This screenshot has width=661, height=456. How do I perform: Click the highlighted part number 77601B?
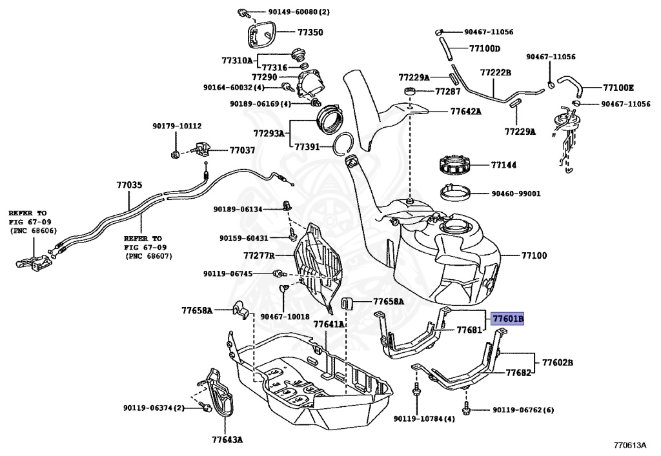coord(508,319)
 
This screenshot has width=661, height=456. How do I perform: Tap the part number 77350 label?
coord(310,32)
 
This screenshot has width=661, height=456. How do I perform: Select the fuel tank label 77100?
coord(534,255)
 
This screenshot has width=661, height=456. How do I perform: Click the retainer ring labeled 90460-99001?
coord(456,193)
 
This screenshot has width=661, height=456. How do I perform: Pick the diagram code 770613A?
coord(630,445)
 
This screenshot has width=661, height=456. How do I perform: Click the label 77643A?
coord(227,440)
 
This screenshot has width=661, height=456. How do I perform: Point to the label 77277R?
coord(259,255)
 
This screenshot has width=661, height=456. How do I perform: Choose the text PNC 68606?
coord(34,231)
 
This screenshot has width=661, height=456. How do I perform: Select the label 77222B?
coord(495,72)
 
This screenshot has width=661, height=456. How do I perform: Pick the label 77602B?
coord(558,362)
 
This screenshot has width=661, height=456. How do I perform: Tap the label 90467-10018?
coord(285,317)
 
